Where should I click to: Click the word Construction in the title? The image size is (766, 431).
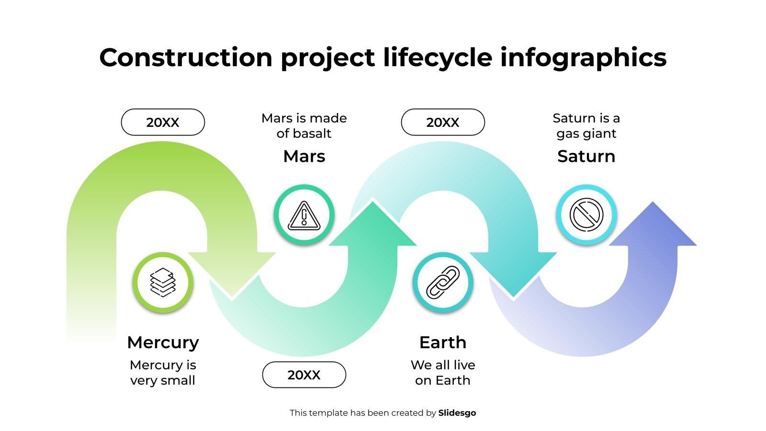pos(186,57)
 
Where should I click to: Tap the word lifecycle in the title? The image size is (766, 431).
pos(438,58)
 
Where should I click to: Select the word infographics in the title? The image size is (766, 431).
pos(584,58)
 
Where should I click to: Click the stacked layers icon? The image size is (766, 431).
pos(163,282)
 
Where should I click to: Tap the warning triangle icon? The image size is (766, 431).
pos(304,215)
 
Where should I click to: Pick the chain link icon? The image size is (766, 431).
pos(443,283)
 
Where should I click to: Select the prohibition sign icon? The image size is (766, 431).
pos(586,215)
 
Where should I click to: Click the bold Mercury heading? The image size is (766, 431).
pos(163,342)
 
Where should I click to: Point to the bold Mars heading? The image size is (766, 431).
pos(304,156)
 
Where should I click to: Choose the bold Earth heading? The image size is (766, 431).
pos(443,342)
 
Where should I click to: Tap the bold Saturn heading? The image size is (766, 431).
pos(586,156)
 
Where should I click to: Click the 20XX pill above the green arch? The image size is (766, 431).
pos(163,122)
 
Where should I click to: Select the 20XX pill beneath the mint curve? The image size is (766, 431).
pos(304,374)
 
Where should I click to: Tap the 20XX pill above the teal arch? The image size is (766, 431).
pos(443,122)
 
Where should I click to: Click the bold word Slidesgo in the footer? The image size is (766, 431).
pos(457,413)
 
